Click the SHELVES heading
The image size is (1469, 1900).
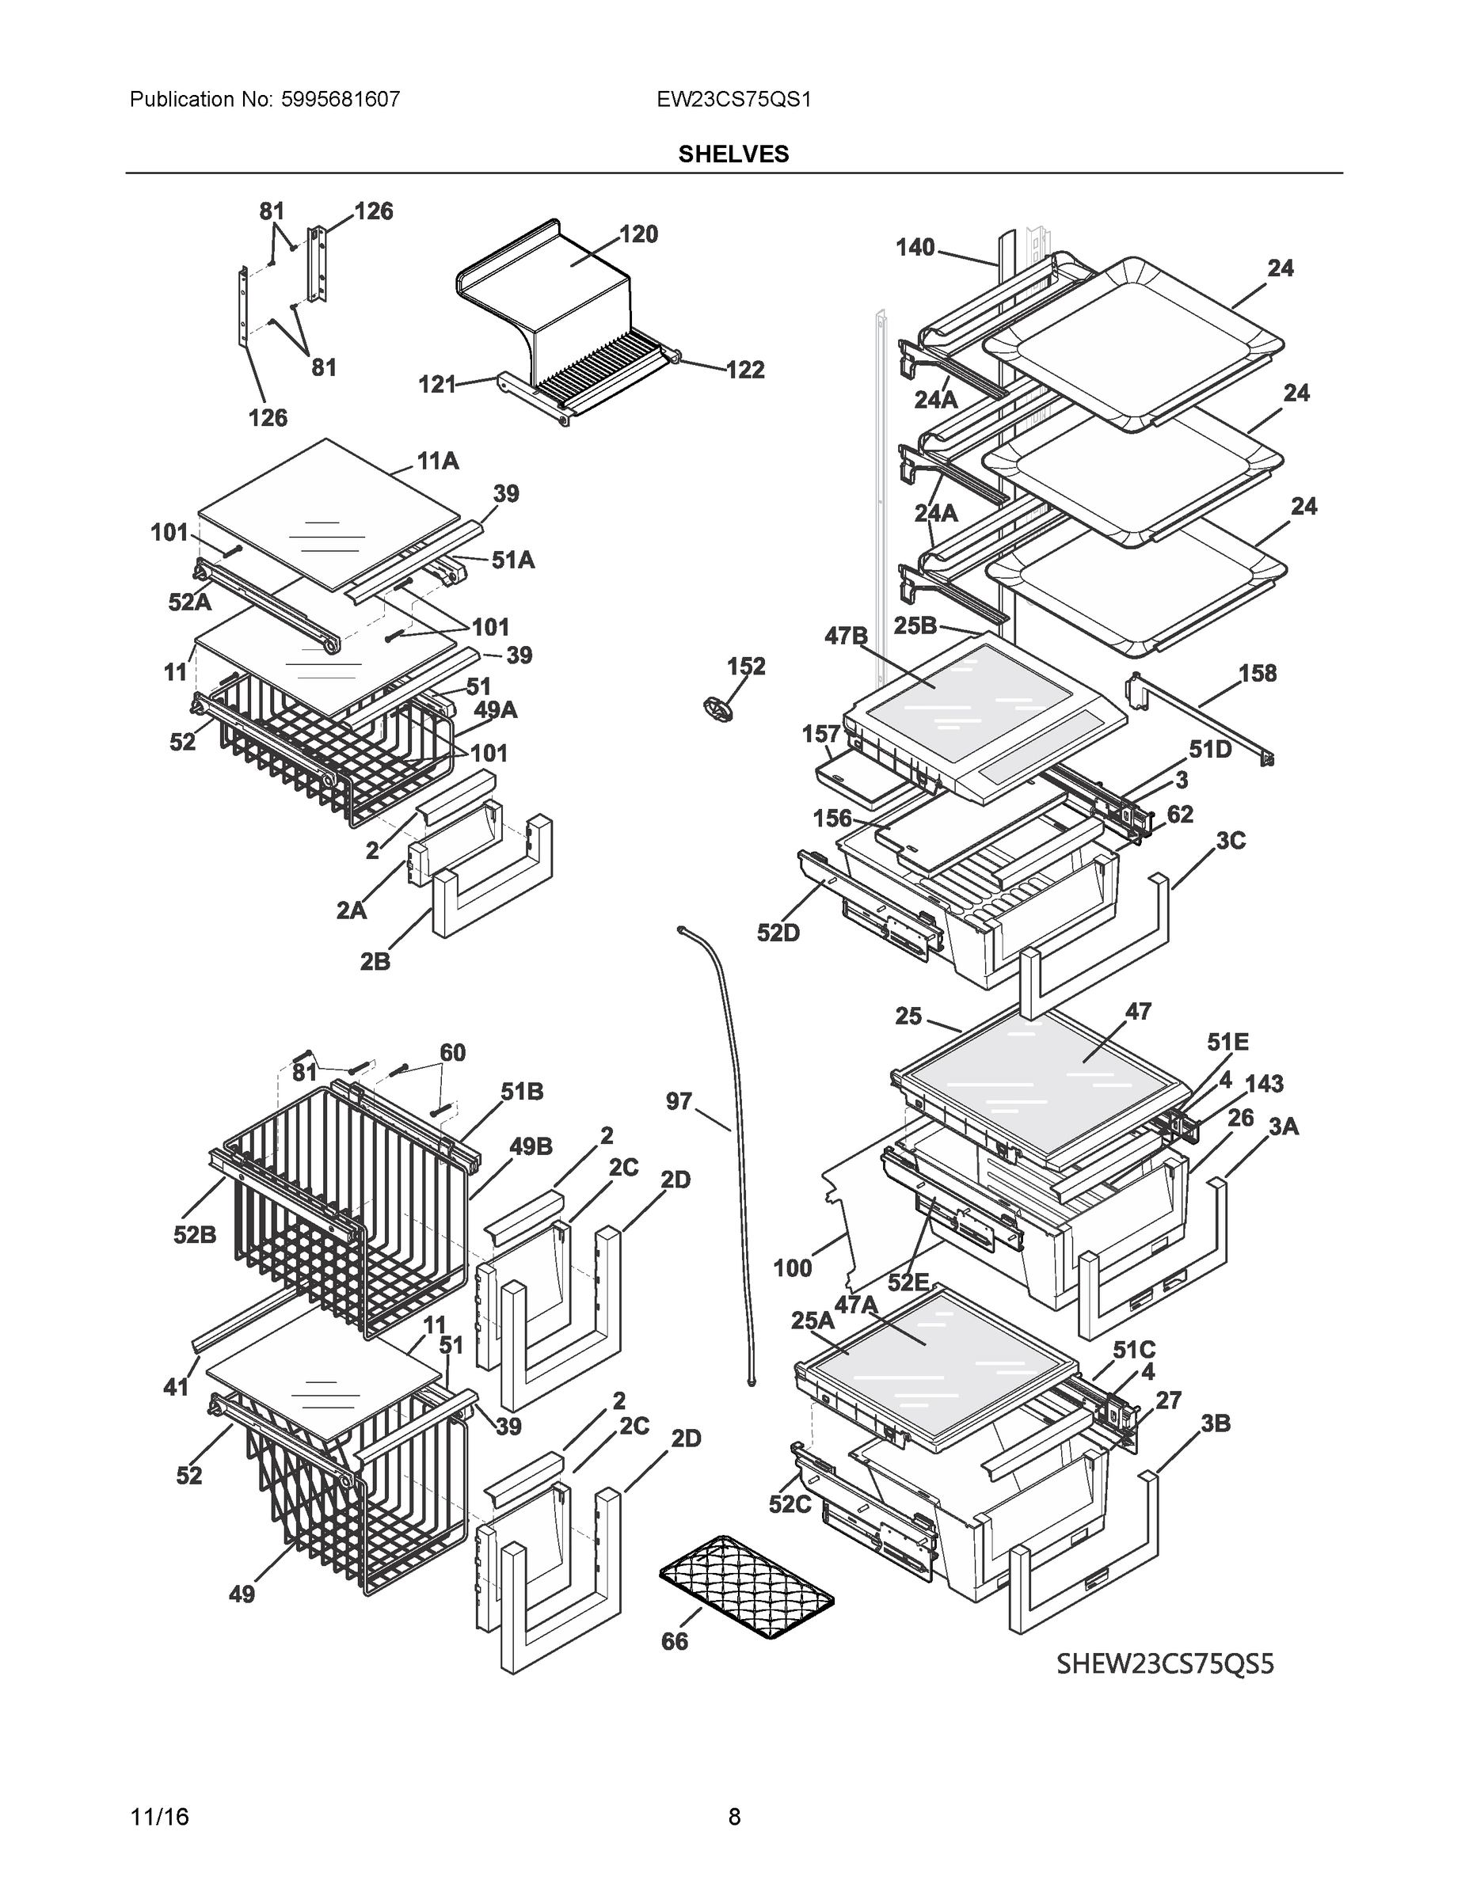pos(733,154)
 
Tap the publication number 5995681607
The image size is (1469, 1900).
pos(340,100)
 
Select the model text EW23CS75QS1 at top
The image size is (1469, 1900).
pos(733,100)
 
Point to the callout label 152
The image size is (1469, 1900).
pos(746,667)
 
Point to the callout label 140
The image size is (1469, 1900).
pos(915,248)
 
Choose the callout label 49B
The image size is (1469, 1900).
pos(530,1146)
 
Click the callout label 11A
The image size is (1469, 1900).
pos(438,461)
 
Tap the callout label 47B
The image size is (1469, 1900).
pos(846,636)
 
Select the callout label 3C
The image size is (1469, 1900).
pos(1230,841)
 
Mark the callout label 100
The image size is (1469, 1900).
pos(792,1268)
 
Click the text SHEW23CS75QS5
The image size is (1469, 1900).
pos(1164,1663)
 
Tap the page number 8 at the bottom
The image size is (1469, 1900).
pos(733,1817)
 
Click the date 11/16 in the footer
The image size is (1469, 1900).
pos(159,1817)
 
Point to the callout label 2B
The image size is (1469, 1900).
pos(375,962)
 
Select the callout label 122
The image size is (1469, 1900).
pos(744,370)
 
